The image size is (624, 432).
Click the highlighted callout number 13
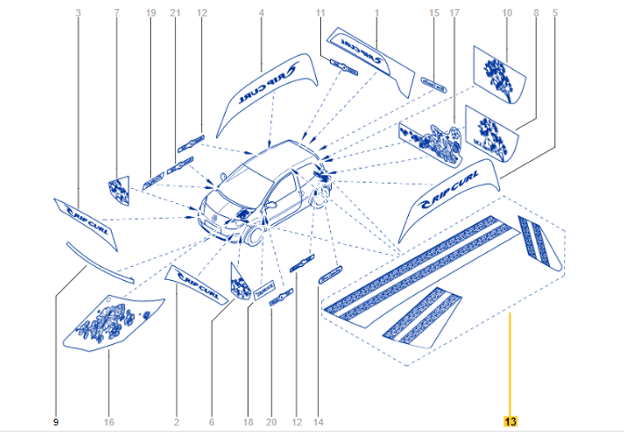(510, 422)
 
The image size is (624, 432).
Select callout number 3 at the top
(78, 12)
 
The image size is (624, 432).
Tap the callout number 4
(261, 12)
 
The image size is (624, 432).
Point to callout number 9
(56, 422)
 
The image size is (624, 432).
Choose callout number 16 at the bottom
(109, 422)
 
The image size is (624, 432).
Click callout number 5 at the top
(554, 12)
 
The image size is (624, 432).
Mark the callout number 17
(454, 12)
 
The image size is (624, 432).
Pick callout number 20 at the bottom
(272, 422)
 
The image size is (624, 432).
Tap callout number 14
(319, 422)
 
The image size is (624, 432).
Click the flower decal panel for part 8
(493, 136)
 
